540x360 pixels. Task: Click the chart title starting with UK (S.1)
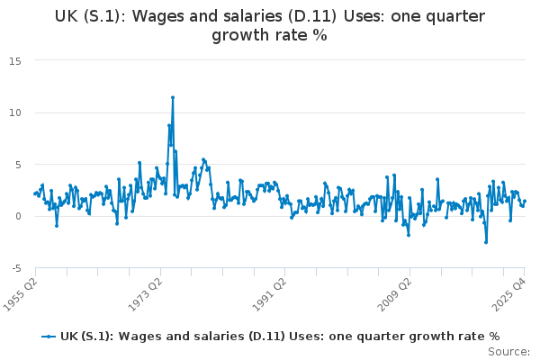click(x=269, y=25)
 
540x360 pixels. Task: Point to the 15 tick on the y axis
click(x=16, y=60)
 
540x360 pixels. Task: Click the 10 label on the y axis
click(x=16, y=112)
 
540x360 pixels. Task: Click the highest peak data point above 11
click(x=173, y=97)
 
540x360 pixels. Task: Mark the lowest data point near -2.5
click(x=485, y=242)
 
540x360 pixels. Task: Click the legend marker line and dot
click(x=49, y=336)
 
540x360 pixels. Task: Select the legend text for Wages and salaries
click(x=279, y=336)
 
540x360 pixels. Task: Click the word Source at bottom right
click(x=508, y=352)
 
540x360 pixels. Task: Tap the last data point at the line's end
click(x=525, y=201)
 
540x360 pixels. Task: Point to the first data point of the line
click(x=35, y=193)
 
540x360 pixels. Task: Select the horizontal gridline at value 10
click(x=270, y=112)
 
